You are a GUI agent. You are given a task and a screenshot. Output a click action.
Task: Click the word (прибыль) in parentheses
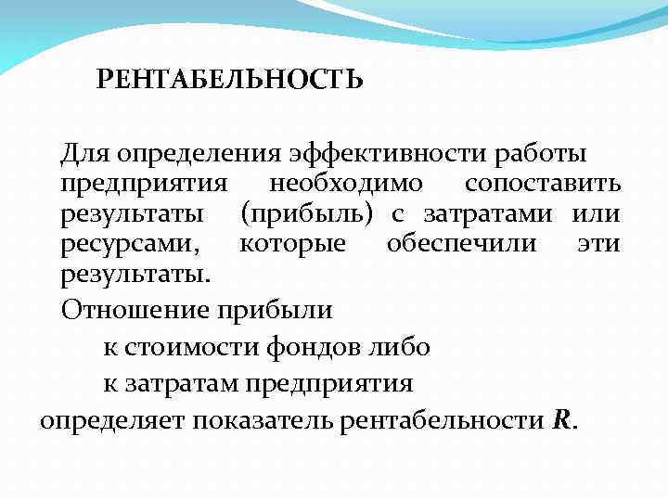[x=306, y=214]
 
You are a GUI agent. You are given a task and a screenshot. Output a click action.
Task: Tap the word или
[x=596, y=214]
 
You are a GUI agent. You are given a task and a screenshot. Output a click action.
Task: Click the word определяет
[x=112, y=420]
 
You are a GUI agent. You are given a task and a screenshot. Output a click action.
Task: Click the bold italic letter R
[x=561, y=419]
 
